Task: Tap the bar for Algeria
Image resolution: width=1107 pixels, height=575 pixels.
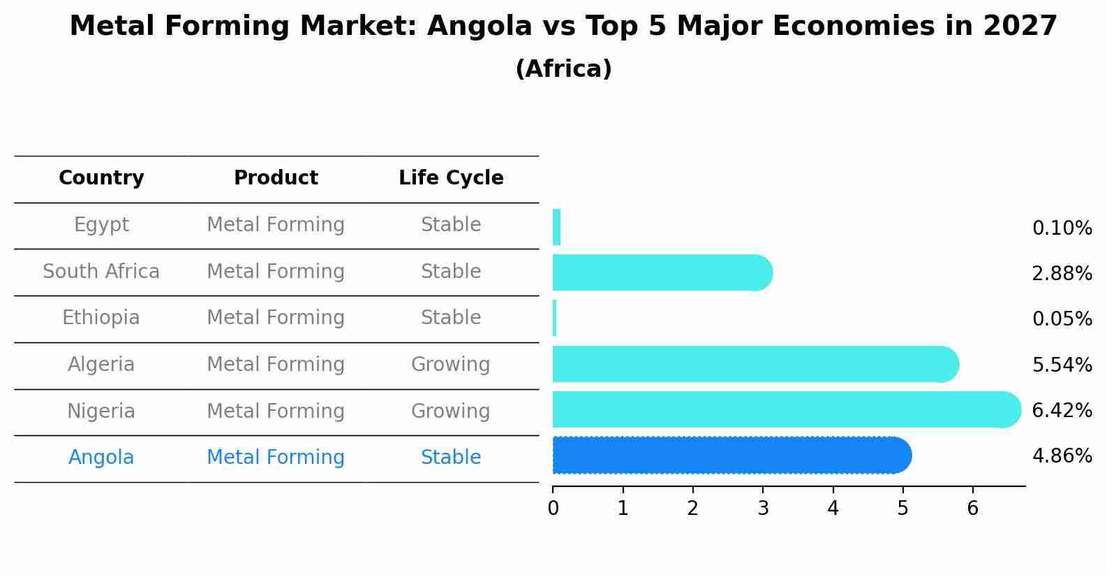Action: coord(754,364)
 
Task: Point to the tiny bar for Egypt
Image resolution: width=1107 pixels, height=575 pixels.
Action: coord(556,227)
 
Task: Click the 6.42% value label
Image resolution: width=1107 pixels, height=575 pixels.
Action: coord(1062,411)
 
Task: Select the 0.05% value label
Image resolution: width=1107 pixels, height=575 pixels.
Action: coord(1062,319)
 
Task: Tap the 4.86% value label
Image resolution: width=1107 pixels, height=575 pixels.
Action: coord(1062,456)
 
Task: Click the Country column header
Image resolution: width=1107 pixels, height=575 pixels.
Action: coord(101,178)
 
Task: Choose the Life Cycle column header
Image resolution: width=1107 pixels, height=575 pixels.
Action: coord(451,178)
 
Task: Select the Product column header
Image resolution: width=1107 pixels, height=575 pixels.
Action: coord(276,178)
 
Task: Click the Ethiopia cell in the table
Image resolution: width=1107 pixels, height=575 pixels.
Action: coord(101,318)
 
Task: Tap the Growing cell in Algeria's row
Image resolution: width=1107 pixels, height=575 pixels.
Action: coord(451,365)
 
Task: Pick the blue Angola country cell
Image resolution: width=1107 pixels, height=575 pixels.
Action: coord(101,458)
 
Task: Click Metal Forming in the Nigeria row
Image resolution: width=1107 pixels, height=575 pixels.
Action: coord(276,411)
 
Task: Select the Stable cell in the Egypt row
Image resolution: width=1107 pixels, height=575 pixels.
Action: coord(451,225)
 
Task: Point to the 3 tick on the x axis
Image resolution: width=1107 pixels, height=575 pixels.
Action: coord(763,508)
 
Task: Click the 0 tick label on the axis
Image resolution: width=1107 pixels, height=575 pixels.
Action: coord(553,509)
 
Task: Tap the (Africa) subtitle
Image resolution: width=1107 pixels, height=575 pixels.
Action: coord(563,69)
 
